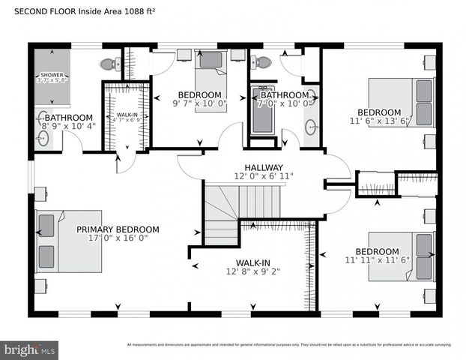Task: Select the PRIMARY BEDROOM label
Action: (118, 229)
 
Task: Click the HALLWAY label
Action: (263, 167)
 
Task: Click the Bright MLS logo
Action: (30, 349)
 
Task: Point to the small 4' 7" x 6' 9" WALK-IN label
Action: (126, 115)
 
